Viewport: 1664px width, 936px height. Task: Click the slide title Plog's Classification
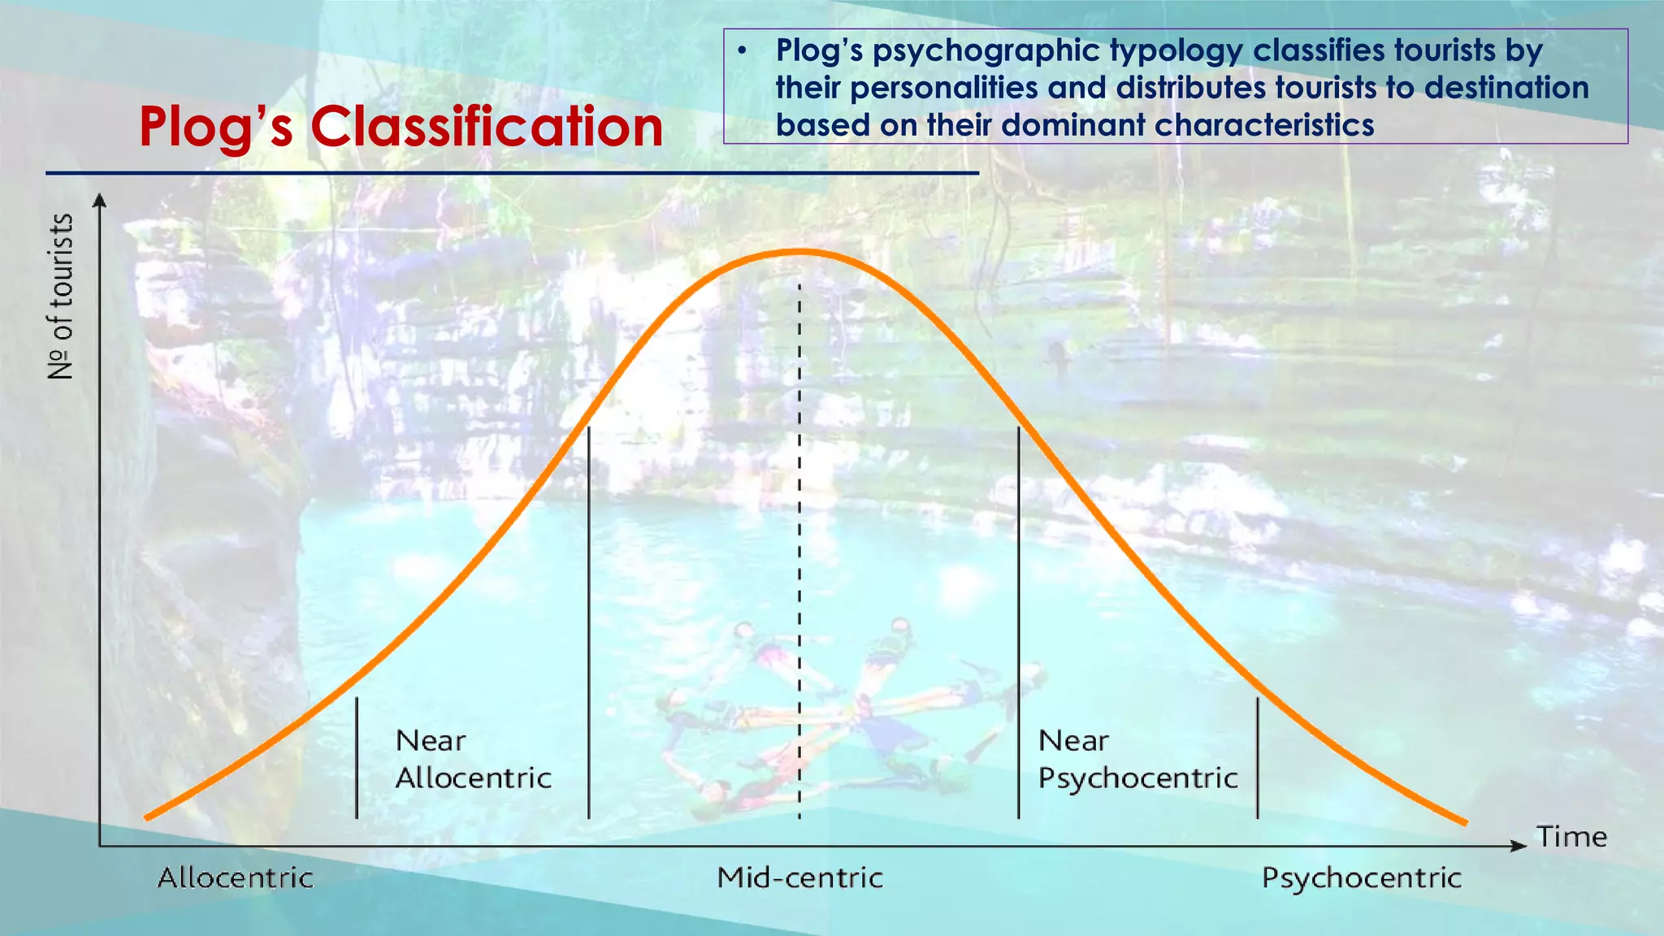(401, 127)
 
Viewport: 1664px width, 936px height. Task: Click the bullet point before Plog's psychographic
(741, 51)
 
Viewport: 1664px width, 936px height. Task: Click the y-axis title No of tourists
(61, 297)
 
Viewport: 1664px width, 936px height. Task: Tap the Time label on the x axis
(1571, 837)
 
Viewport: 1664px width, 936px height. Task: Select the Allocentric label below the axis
(235, 877)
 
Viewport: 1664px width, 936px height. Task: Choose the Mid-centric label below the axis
(799, 877)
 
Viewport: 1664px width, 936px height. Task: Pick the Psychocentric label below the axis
(1361, 877)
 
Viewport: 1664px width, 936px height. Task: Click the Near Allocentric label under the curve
(473, 759)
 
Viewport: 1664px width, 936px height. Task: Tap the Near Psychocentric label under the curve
(1137, 759)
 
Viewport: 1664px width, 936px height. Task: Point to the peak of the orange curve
(799, 253)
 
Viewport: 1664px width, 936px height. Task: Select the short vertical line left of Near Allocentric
(357, 757)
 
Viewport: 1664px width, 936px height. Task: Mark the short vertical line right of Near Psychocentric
(1258, 757)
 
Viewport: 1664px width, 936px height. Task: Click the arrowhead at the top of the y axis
(99, 200)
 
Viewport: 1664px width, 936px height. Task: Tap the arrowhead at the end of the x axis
(1519, 846)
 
